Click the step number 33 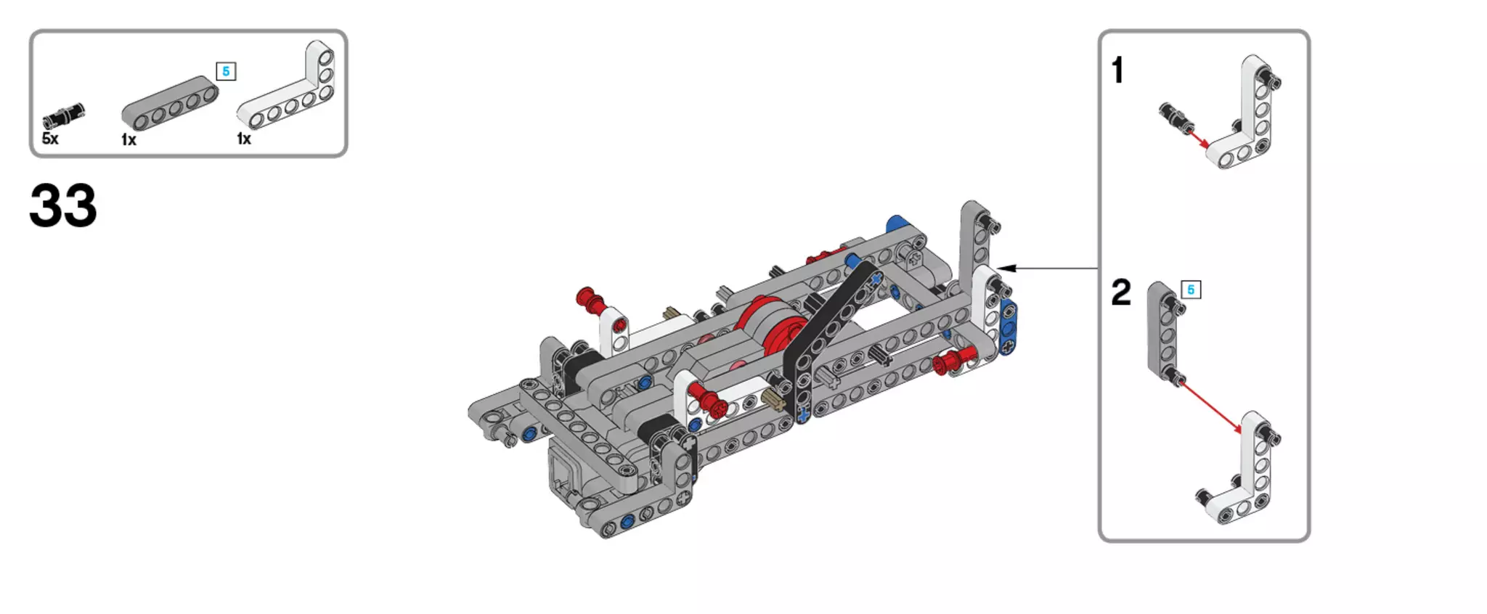pyautogui.click(x=63, y=206)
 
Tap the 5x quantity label pyautogui.click(x=50, y=139)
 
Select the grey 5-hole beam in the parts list pyautogui.click(x=169, y=102)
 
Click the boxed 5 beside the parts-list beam pyautogui.click(x=226, y=71)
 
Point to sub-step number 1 pyautogui.click(x=1118, y=71)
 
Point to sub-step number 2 pyautogui.click(x=1121, y=292)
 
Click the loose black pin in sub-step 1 pyautogui.click(x=1171, y=116)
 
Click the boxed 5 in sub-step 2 pyautogui.click(x=1191, y=290)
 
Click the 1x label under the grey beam pyautogui.click(x=129, y=140)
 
